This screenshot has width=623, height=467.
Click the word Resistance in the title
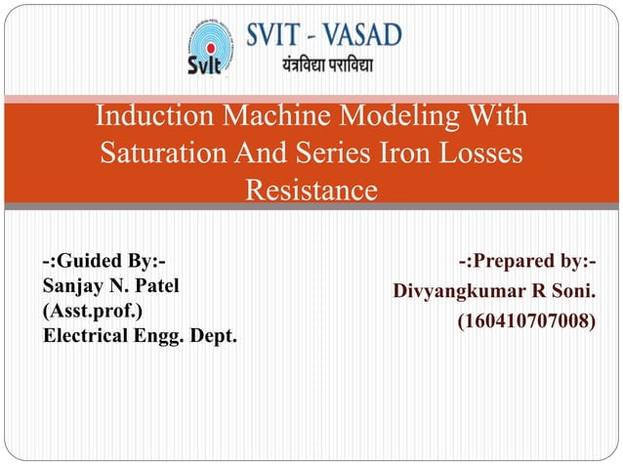click(x=311, y=189)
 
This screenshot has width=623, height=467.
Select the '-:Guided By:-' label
click(x=104, y=262)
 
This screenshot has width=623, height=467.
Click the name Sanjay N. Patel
click(x=110, y=286)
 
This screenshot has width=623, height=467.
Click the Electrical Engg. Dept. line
click(x=140, y=337)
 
